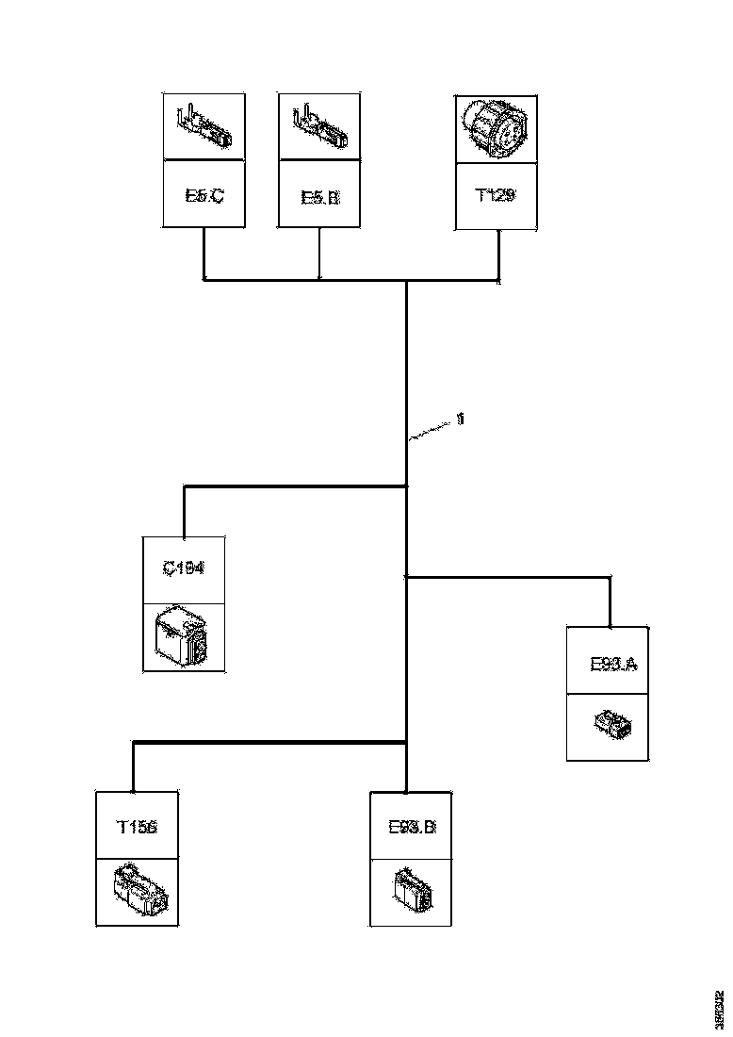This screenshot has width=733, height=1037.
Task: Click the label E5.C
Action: pyautogui.click(x=204, y=196)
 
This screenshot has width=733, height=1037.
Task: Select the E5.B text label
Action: pyautogui.click(x=319, y=196)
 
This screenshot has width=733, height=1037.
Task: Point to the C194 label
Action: pyautogui.click(x=184, y=569)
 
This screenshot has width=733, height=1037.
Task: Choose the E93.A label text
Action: pyautogui.click(x=613, y=664)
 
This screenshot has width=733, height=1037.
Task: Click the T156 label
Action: pyautogui.click(x=137, y=827)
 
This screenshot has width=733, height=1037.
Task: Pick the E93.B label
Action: pyautogui.click(x=412, y=827)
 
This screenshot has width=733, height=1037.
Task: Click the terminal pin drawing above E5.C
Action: pyautogui.click(x=204, y=126)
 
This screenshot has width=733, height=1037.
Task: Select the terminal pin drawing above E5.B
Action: pyautogui.click(x=319, y=126)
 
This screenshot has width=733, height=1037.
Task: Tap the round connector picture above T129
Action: pyautogui.click(x=496, y=126)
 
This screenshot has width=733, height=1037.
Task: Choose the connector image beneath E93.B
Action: pyautogui.click(x=412, y=891)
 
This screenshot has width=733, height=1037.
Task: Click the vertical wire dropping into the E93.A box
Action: pyautogui.click(x=611, y=602)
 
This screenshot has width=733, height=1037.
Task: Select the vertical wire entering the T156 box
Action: pyautogui.click(x=133, y=767)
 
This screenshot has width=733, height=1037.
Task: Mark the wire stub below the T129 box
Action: pyautogui.click(x=498, y=255)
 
